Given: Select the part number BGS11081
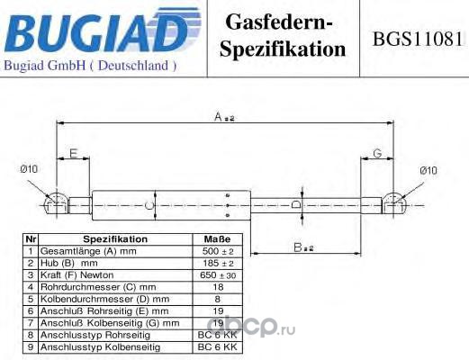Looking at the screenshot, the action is point(418,39).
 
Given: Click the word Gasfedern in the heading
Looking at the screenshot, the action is point(279,22).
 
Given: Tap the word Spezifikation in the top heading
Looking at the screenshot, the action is point(283,49).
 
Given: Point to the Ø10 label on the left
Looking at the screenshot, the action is point(29,169).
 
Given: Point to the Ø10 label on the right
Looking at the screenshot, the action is point(428,171).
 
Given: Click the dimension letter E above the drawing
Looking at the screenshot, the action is point(74,153).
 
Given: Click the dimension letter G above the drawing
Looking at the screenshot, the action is point(377,153).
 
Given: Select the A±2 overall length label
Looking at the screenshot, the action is point(224,117).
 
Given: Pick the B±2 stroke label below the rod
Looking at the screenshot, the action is point(303,247).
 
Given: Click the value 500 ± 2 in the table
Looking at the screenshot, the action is point(218,251).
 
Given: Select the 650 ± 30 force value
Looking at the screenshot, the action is point(218,275).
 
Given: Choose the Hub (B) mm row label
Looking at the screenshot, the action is point(69,263).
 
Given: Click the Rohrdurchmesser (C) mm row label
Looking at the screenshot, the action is point(98,287).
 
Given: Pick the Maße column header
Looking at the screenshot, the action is point(218,239).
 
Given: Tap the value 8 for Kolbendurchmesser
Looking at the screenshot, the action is point(218,299).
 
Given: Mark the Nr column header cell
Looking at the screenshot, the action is point(31,239).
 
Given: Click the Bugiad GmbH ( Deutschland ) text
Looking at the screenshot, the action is point(90,66).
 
